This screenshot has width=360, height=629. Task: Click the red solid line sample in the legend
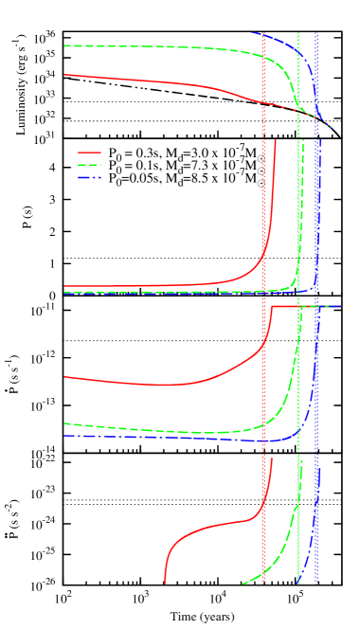tap(89, 152)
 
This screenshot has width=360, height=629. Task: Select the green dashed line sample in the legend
tap(89, 165)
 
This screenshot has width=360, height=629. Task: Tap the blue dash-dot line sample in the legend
tap(89, 177)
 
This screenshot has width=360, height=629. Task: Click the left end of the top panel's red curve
tap(64, 74)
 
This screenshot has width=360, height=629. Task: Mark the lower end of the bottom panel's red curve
tap(166, 583)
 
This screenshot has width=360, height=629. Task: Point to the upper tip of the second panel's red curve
tap(276, 141)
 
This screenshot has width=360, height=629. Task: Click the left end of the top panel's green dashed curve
tap(64, 45)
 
